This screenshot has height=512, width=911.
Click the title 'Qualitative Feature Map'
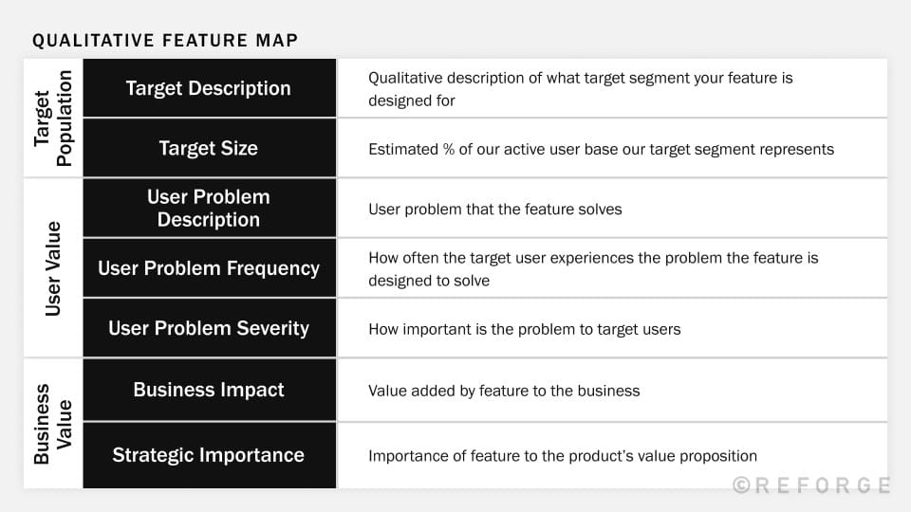pos(165,40)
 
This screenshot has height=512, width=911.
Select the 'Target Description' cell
pos(209,88)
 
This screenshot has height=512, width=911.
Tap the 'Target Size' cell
pos(209,148)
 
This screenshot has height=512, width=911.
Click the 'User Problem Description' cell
pos(209,208)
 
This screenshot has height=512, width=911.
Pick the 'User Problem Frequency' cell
pos(209,268)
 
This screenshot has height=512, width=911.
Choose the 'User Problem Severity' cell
pos(209,328)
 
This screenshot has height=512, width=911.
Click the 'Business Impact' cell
pos(209,390)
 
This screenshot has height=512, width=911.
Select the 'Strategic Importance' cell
pos(209,455)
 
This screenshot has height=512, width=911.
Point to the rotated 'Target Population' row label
pos(53,119)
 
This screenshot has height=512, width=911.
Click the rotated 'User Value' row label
pos(53,268)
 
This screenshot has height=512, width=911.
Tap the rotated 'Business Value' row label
pos(53,423)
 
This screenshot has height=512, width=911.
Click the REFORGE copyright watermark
pos(811,485)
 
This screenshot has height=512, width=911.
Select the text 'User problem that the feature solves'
pos(494,209)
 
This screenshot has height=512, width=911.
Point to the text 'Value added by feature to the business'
pos(504,391)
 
